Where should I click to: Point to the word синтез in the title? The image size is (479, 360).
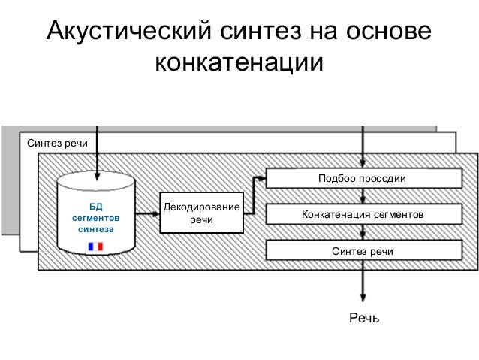(257, 32)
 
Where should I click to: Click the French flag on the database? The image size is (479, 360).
(95, 246)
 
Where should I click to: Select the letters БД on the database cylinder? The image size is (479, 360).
(95, 204)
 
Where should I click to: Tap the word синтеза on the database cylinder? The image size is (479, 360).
(95, 228)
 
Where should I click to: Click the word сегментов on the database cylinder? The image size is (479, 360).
(95, 216)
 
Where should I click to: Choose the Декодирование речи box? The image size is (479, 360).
(201, 213)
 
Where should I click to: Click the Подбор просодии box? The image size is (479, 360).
(363, 179)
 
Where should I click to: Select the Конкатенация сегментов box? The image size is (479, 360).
(363, 215)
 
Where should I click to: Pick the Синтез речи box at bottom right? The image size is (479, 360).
(363, 250)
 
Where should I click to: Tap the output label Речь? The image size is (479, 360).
(364, 320)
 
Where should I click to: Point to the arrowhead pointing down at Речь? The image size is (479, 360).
(364, 297)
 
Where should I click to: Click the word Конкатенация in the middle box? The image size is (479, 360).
(333, 215)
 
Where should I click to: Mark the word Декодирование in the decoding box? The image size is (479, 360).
(201, 207)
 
